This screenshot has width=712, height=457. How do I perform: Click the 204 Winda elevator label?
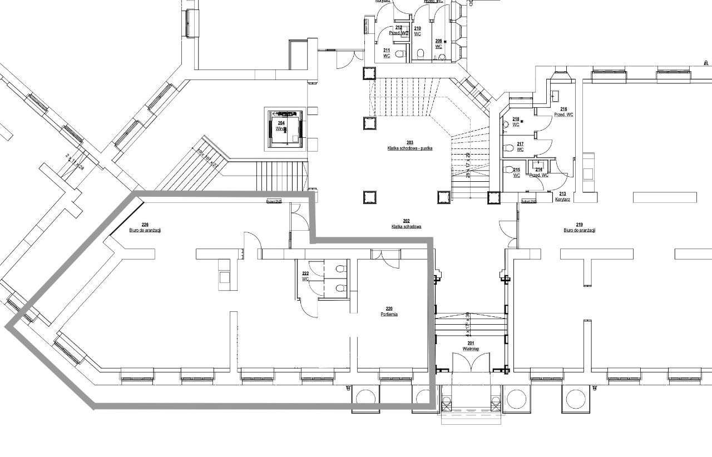tap(281, 126)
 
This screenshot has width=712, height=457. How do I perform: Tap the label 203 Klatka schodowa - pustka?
tap(410, 146)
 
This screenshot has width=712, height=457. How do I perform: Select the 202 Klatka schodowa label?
tap(406, 224)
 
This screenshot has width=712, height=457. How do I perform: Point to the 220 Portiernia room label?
tap(389, 311)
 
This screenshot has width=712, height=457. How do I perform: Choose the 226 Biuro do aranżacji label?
tap(145, 227)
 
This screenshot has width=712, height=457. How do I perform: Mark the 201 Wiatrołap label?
tap(471, 346)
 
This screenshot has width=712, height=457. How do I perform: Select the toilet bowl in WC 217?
tap(507, 148)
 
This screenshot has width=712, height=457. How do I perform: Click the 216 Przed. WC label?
tap(563, 112)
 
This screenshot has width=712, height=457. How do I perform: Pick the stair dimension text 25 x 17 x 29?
tap(468, 165)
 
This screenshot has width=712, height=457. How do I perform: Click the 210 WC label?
tap(417, 31)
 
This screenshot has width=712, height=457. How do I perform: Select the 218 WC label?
tap(516, 122)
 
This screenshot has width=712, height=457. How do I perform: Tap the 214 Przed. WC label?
tap(538, 172)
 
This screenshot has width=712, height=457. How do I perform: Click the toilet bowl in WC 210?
tap(421, 54)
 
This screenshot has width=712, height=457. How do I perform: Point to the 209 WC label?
tap(438, 44)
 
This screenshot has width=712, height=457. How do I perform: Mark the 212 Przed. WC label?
tap(399, 30)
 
